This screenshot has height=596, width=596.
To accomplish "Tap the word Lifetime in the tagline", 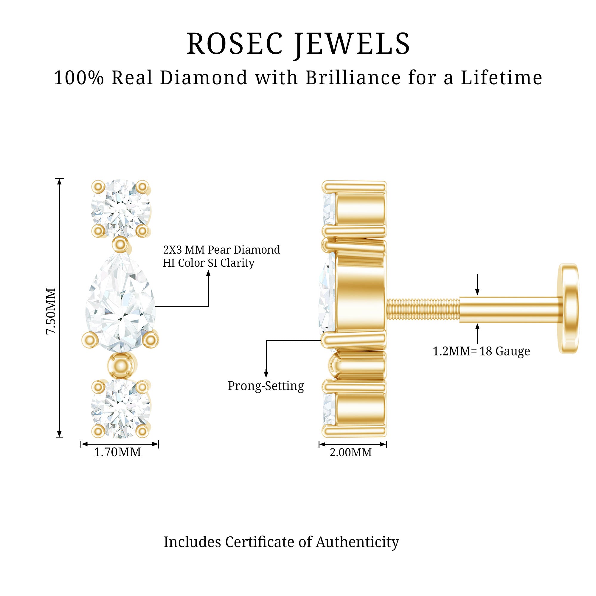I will click(x=501, y=78).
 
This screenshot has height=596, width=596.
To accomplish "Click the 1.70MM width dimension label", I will click(x=117, y=452).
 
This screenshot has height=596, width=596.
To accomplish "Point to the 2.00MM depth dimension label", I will click(x=351, y=453).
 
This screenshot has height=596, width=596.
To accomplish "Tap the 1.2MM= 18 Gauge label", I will click(x=481, y=351).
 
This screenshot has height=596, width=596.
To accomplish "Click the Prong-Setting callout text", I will click(x=266, y=386).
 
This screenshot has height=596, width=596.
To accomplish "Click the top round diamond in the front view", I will click(x=121, y=209).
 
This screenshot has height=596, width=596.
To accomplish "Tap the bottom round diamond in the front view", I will click(x=121, y=409).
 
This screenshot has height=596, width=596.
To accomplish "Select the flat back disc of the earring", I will click(x=568, y=308).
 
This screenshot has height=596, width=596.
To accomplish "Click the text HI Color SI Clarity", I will click(x=209, y=263).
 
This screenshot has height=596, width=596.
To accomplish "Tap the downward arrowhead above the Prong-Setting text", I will click(x=266, y=374).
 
